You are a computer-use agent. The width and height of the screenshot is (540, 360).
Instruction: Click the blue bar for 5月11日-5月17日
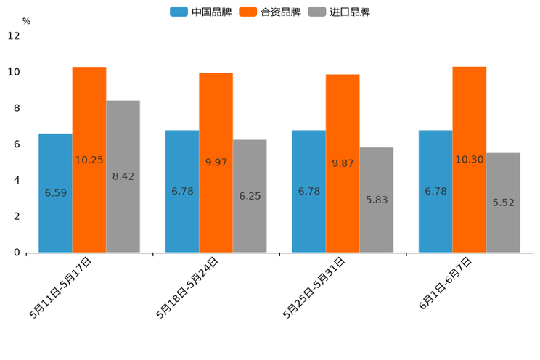point(55,193)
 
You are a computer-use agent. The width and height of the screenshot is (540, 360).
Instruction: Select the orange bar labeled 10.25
point(89,160)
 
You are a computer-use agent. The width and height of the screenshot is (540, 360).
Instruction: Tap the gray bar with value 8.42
point(123,176)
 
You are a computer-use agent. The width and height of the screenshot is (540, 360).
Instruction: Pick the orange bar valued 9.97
point(216,163)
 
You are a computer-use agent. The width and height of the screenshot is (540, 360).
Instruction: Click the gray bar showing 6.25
point(250,196)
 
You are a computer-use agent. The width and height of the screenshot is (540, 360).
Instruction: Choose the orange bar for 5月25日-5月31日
point(343,163)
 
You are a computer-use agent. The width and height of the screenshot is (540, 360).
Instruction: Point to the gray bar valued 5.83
point(377,200)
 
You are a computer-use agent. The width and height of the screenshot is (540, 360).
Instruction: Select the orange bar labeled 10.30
point(470,160)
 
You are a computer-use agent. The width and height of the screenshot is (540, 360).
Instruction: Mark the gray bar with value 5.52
point(503,202)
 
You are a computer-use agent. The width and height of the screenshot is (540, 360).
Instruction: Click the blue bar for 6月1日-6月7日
point(435,192)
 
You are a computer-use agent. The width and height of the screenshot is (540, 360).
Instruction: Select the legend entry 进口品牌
point(340,12)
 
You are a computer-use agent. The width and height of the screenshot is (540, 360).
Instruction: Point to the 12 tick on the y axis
point(14,36)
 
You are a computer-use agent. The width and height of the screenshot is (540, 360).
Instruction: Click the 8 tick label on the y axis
point(17,108)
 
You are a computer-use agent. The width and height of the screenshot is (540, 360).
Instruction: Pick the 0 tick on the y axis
point(17,253)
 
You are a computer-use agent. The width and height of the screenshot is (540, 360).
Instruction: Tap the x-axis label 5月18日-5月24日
point(187,287)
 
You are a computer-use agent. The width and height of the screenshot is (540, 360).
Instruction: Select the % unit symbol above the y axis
point(26,21)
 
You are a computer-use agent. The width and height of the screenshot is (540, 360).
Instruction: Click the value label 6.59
point(56,193)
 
